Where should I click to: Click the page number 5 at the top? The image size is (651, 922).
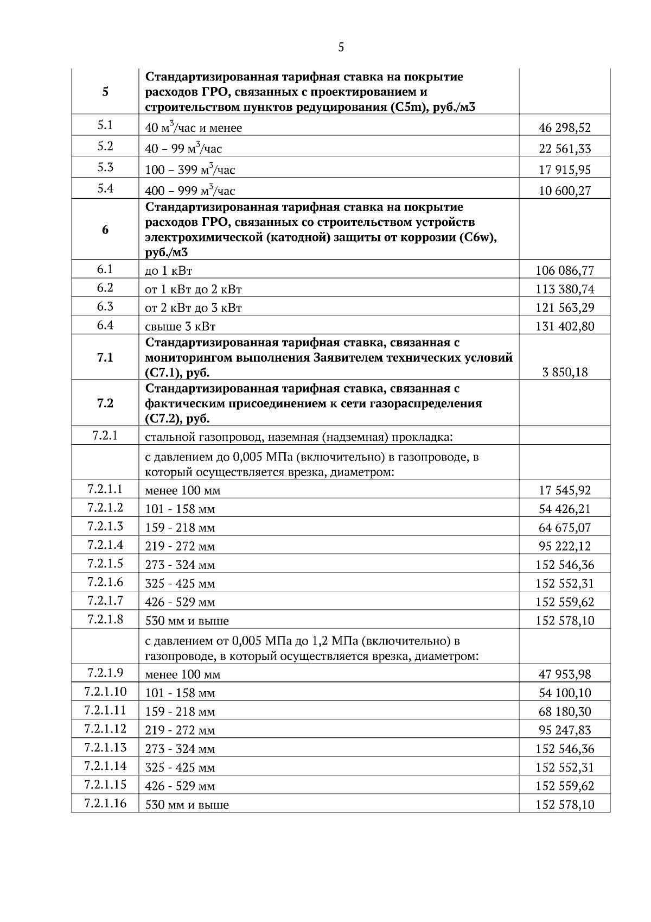click(341, 48)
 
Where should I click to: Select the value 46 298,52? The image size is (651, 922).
click(564, 128)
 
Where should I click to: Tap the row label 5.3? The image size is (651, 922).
click(105, 167)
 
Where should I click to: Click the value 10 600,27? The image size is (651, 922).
click(564, 191)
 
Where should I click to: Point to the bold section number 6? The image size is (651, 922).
click(105, 230)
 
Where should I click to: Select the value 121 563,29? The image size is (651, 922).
click(564, 308)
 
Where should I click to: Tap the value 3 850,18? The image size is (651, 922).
click(564, 372)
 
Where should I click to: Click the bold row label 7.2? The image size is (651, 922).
click(105, 403)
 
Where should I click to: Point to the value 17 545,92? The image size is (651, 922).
click(564, 491)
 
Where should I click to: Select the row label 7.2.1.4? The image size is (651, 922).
click(105, 545)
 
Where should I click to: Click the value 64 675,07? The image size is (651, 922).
click(564, 528)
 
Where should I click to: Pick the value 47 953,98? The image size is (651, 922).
click(564, 675)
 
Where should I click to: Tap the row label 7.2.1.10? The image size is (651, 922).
click(105, 692)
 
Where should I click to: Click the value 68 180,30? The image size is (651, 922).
click(564, 712)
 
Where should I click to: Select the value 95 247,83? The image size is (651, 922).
click(564, 730)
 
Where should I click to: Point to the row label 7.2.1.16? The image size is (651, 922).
click(105, 803)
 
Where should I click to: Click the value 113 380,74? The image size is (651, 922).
click(564, 289)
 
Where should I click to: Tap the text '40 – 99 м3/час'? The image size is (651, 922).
click(183, 149)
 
